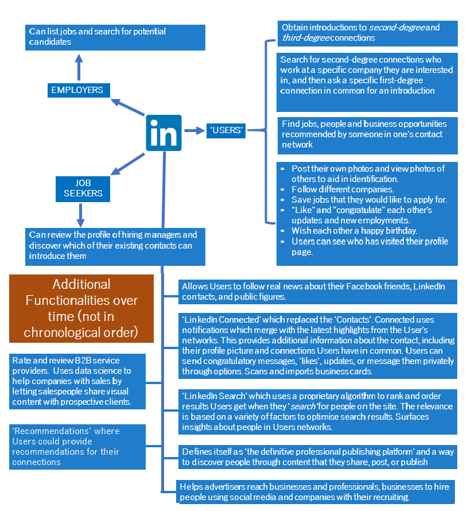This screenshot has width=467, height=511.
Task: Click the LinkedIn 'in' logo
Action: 164,133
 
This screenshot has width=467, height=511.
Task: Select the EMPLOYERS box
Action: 77,90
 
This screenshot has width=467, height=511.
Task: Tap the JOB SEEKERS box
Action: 83,188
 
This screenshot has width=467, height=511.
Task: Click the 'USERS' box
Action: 226,131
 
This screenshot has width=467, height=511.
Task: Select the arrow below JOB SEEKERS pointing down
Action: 80,215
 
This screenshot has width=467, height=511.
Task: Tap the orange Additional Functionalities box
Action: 81,308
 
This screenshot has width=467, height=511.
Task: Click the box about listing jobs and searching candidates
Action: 115,37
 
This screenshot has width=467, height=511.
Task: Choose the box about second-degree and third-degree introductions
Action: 367,33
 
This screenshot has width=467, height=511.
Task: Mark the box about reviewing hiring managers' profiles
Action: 115,245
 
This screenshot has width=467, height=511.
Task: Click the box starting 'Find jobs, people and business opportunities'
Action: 367,134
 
